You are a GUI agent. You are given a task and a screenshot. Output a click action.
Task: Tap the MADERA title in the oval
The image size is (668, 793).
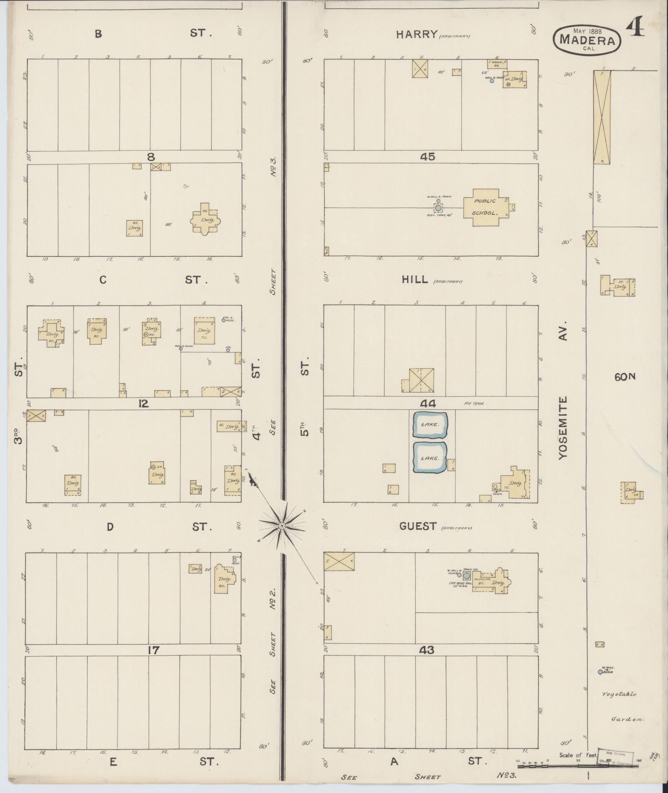pyautogui.click(x=588, y=40)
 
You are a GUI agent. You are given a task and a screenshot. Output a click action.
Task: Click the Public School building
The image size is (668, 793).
pyautogui.click(x=485, y=207)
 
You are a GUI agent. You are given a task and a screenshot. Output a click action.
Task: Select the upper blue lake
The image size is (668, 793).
pyautogui.click(x=430, y=425)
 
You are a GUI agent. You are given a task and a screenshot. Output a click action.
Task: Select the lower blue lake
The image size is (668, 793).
pyautogui.click(x=430, y=457)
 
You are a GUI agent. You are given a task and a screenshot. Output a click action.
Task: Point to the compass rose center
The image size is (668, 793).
pyautogui.click(x=282, y=526)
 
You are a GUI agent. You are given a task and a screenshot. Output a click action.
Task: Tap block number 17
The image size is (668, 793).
pyautogui.click(x=154, y=650)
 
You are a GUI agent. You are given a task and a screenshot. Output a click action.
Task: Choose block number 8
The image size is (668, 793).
pyautogui.click(x=151, y=157)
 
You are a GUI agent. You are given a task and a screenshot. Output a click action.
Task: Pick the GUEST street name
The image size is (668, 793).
pyautogui.click(x=418, y=526)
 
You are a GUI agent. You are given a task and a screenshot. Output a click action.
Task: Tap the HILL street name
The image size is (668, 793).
pyautogui.click(x=415, y=279)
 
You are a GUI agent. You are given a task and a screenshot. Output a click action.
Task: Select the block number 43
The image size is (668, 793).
pyautogui.click(x=427, y=650)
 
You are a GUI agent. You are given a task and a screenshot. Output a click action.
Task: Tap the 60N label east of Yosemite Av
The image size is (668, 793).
pyautogui.click(x=625, y=376)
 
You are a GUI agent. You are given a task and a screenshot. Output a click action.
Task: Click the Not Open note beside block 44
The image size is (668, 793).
pyautogui.click(x=474, y=403)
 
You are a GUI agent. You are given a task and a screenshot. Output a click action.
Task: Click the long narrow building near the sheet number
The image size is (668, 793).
pyautogui.click(x=602, y=116)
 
